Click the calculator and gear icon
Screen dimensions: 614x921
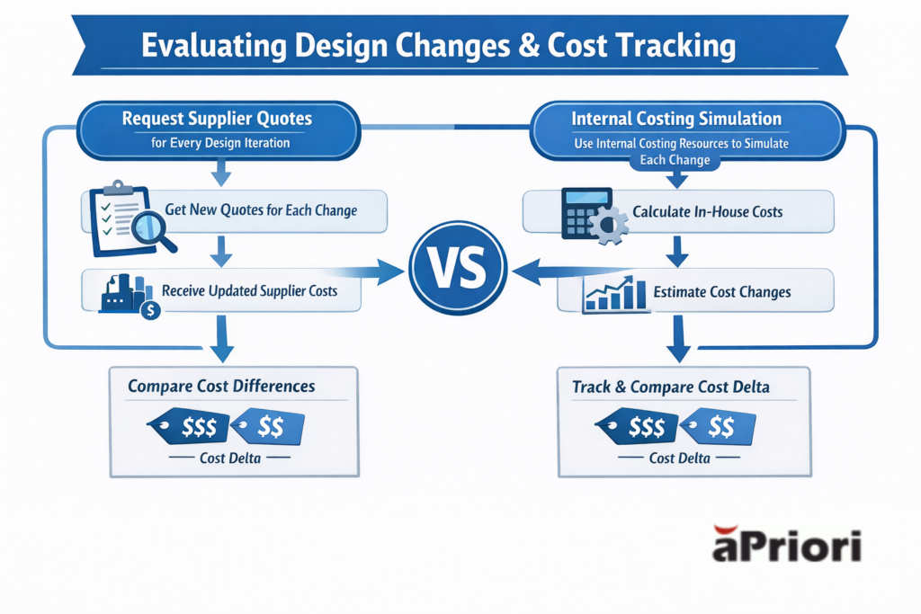click(591, 214)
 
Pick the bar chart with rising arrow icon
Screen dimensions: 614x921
click(614, 293)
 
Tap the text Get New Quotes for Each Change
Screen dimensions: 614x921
click(261, 211)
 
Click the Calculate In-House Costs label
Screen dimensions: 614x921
click(707, 212)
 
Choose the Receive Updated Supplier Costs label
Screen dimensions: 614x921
click(251, 291)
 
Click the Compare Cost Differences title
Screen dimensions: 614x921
click(221, 387)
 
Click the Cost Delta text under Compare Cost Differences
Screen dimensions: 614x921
click(231, 458)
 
